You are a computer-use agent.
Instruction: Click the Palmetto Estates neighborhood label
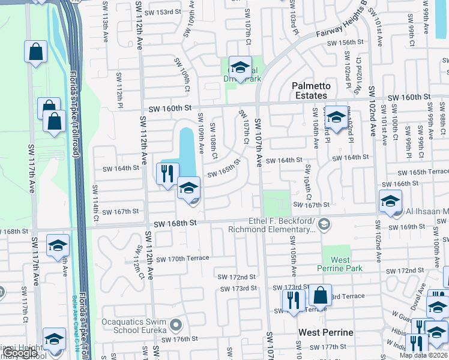(311, 91)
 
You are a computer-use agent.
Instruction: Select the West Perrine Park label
(340, 264)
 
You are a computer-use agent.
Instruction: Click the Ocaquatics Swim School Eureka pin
(176, 325)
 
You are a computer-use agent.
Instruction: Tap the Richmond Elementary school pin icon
(324, 224)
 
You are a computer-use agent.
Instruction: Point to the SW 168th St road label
(175, 223)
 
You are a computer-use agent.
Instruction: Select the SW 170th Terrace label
(182, 258)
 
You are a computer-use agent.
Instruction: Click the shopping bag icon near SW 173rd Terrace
(321, 296)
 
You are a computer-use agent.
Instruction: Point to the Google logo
(19, 353)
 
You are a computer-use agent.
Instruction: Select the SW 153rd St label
(162, 12)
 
